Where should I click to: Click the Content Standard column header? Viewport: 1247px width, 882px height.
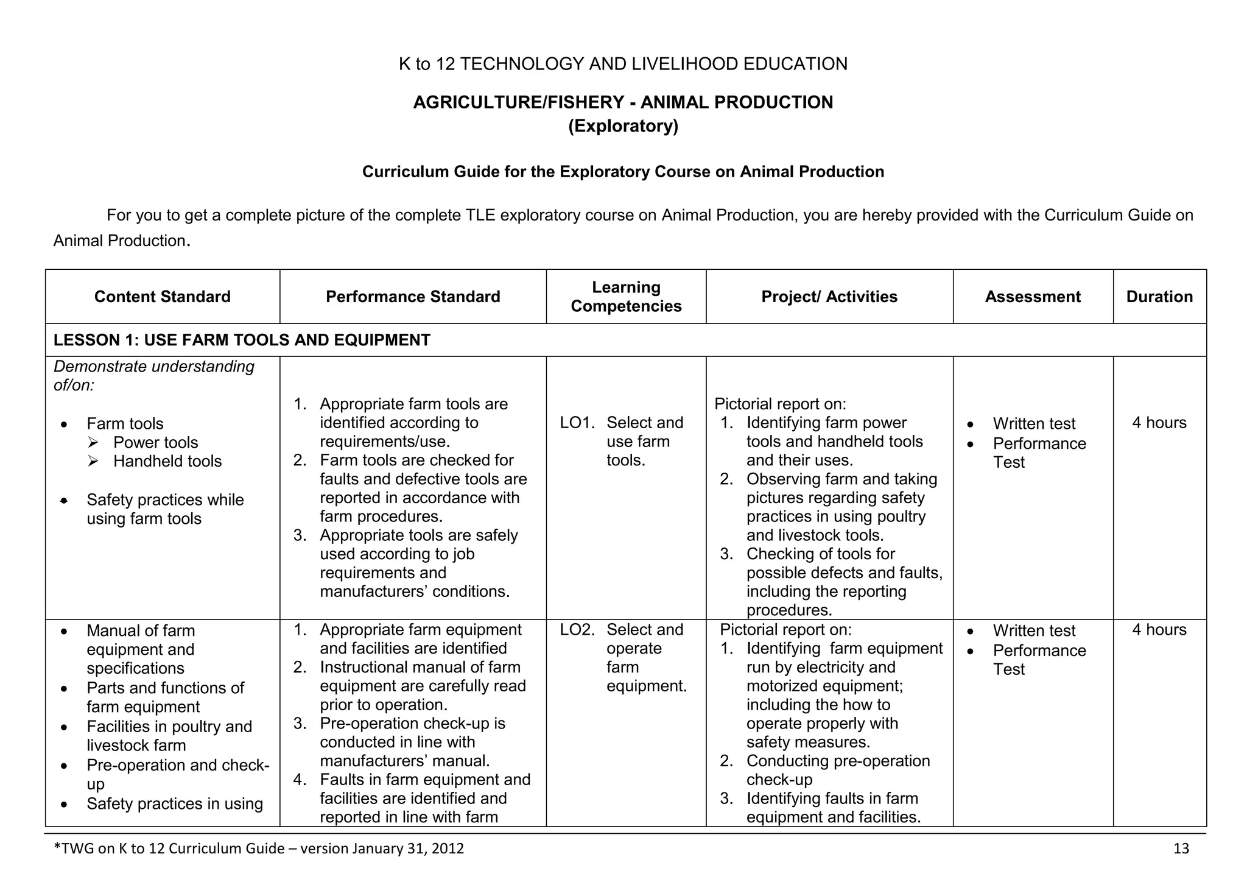coord(162,297)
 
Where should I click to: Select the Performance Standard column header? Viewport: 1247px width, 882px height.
coord(413,297)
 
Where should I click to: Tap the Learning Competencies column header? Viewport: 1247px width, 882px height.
coord(626,297)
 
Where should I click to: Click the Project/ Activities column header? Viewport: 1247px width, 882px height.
coord(829,297)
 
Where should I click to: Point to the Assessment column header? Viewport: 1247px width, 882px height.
coord(1033,297)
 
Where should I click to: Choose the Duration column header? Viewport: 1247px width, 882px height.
coord(1159,297)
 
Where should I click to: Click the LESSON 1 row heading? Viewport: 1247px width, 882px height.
coord(242,340)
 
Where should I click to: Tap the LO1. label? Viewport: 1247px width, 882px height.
coord(577,423)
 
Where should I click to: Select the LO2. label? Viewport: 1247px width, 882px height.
coord(577,630)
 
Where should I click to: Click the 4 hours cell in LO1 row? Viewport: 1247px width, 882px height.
coord(1159,423)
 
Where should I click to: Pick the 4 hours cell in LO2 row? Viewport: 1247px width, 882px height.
coord(1159,630)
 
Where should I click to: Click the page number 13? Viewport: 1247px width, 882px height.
coord(1181,848)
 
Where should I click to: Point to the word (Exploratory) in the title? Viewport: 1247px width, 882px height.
coord(623,126)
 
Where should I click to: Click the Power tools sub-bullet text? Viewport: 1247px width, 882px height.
coord(155,443)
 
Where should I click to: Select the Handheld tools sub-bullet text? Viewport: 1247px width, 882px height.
coord(167,462)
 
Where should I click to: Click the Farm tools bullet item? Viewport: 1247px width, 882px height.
coord(125,424)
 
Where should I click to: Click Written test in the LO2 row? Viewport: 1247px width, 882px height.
coord(1034,631)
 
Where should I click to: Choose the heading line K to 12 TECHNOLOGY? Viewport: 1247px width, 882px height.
coord(623,64)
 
